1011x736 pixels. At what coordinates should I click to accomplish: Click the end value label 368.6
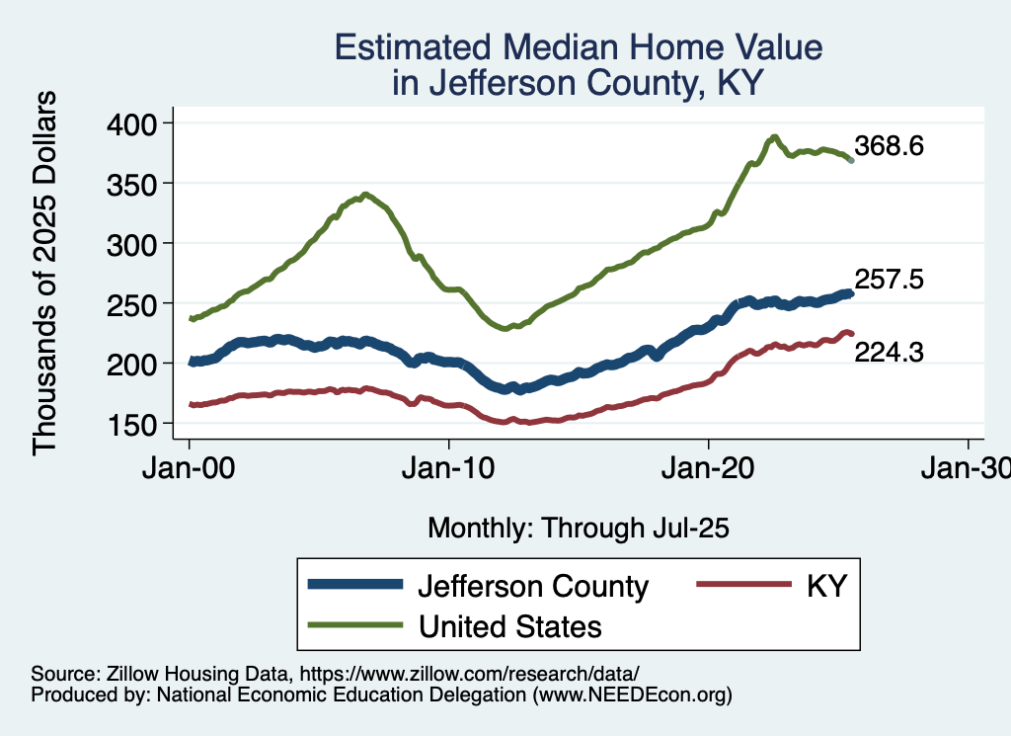889,146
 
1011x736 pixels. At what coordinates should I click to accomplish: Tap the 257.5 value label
889,281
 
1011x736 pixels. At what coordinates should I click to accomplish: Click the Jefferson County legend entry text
533,586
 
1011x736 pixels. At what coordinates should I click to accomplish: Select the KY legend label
826,586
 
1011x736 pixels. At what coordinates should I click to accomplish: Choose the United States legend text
509,625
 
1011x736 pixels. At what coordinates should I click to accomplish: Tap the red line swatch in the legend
745,586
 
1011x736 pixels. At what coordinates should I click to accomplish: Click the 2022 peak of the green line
775,137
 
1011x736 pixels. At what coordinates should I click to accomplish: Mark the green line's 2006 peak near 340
365,195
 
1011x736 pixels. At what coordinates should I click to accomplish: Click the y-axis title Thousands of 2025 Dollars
44,273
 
